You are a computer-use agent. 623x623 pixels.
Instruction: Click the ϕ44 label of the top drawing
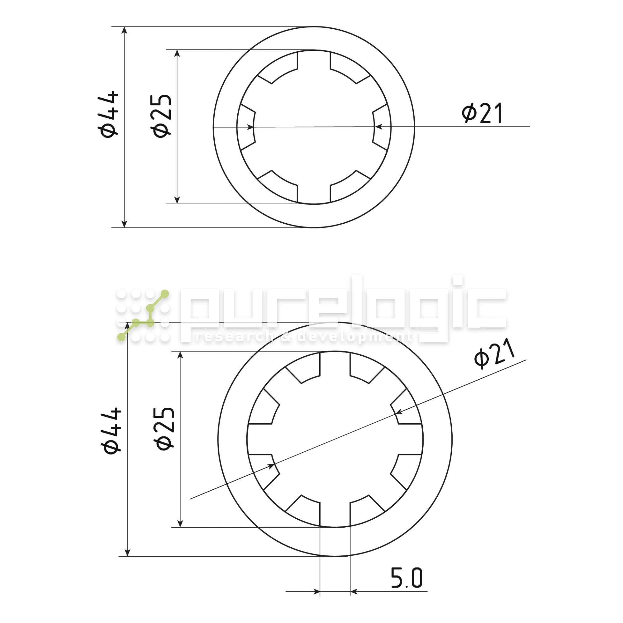click(108, 114)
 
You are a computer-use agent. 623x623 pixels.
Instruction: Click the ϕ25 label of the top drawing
click(161, 116)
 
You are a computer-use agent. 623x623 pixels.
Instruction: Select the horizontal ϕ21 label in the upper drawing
click(482, 113)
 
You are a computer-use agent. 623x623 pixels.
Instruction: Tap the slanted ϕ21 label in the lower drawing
click(494, 354)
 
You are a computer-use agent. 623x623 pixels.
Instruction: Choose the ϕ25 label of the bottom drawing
click(164, 429)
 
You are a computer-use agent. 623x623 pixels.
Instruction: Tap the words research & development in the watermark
click(303, 337)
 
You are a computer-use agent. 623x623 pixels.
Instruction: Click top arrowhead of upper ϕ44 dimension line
click(125, 30)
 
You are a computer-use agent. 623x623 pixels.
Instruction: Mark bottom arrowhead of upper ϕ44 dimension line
click(125, 224)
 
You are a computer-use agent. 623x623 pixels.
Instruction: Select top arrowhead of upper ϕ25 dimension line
click(177, 54)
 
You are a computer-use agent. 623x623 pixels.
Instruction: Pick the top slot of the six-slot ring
click(314, 60)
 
